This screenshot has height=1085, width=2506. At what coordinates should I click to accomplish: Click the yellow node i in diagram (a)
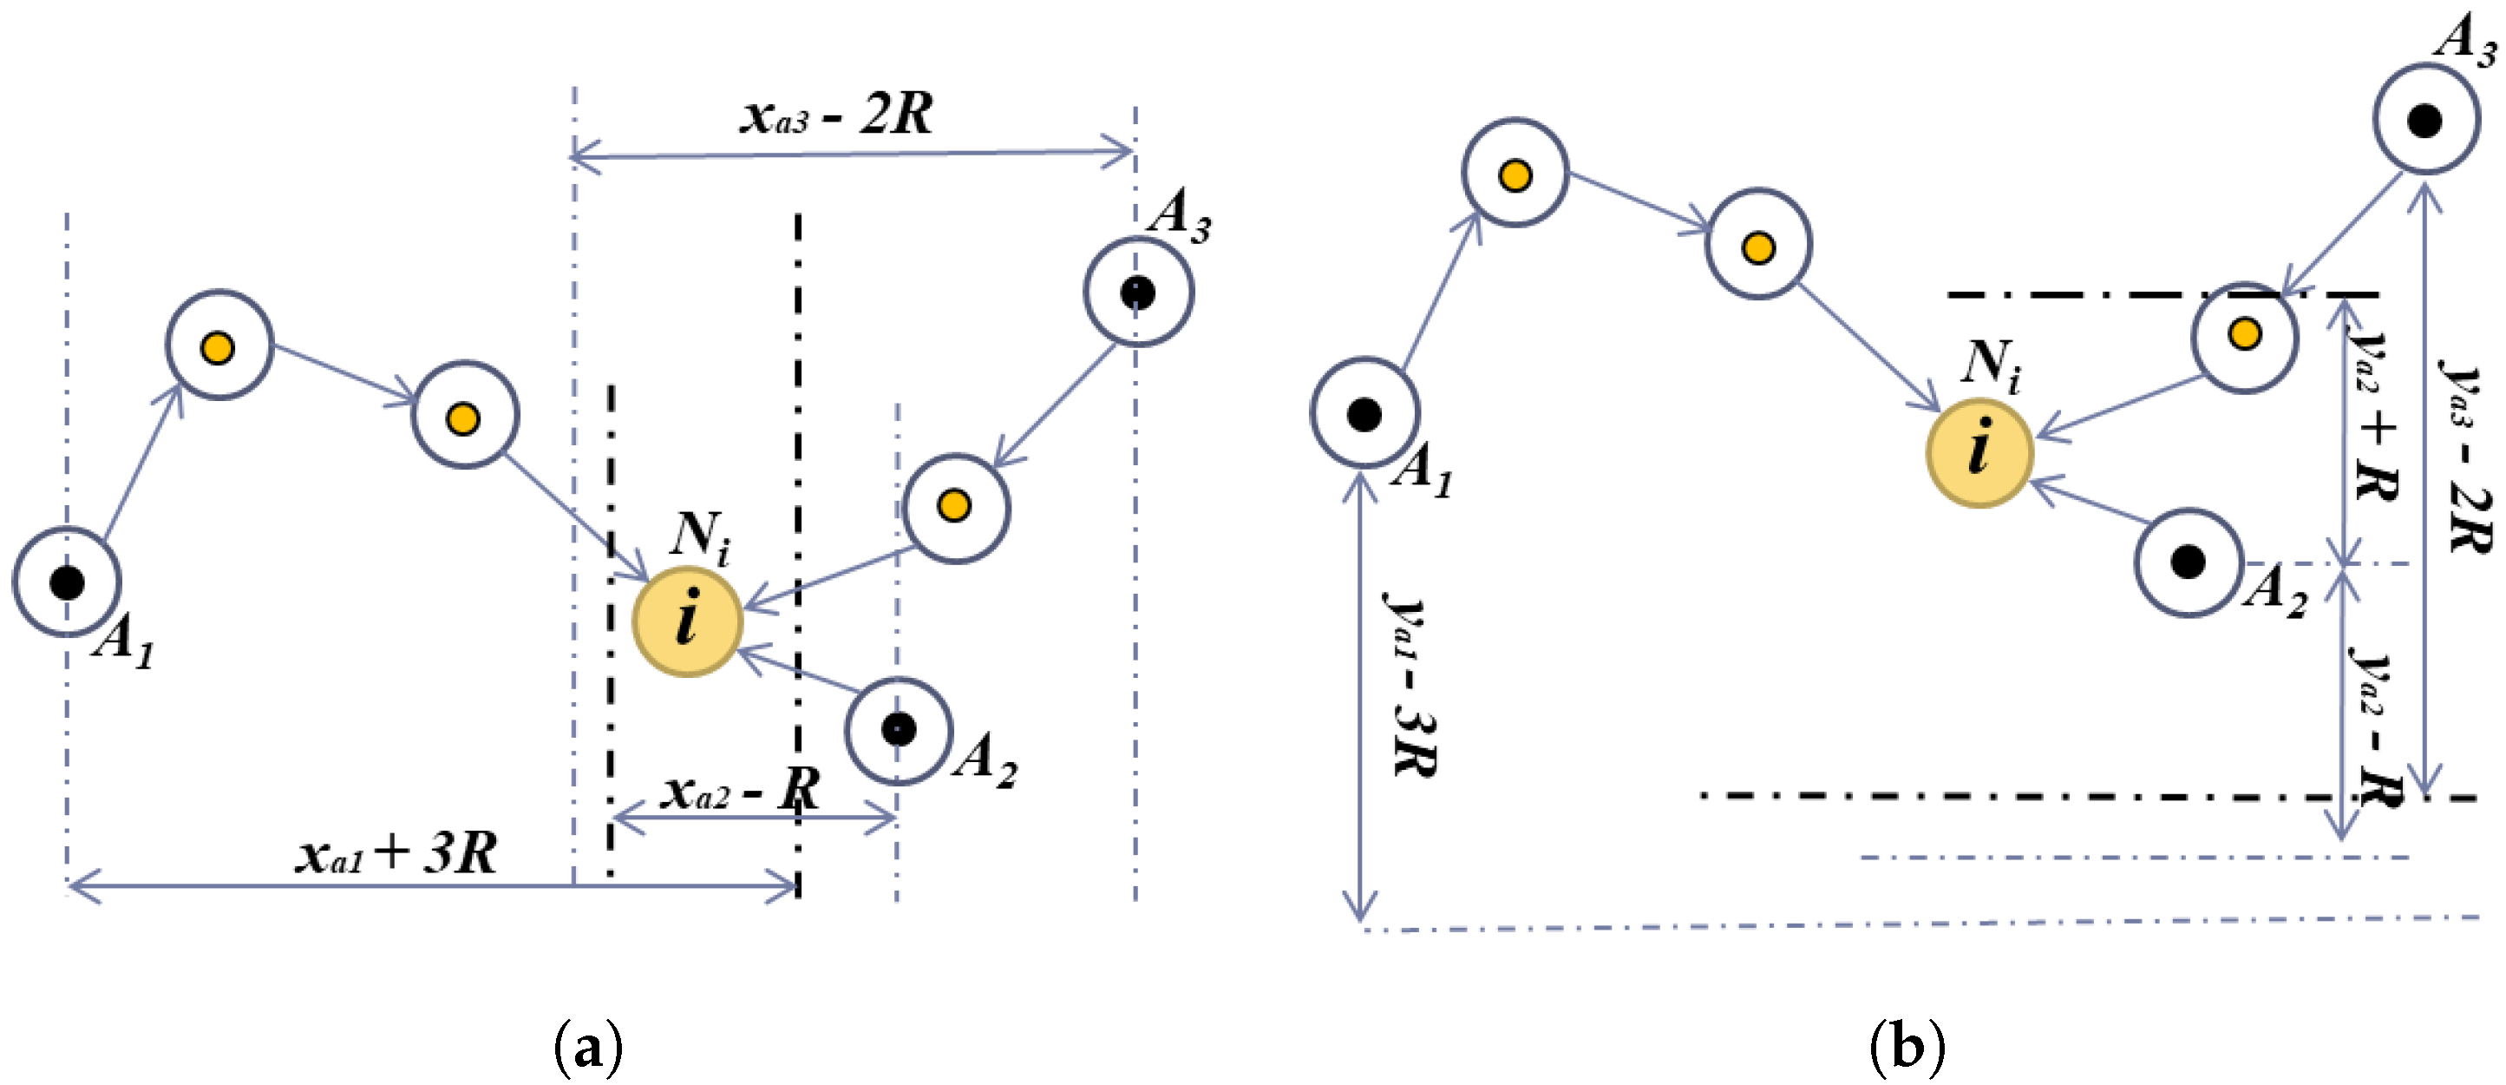click(x=687, y=621)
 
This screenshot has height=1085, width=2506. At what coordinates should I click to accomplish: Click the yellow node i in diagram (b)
click(x=1979, y=452)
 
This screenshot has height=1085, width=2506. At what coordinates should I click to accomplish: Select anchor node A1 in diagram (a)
click(x=66, y=582)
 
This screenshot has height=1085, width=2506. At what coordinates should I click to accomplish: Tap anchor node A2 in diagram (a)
click(x=898, y=730)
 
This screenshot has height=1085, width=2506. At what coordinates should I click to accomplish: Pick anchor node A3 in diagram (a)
click(x=1137, y=292)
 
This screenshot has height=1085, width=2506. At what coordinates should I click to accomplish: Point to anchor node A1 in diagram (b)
click(x=1364, y=413)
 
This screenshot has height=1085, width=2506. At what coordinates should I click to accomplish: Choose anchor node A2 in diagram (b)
click(x=2188, y=562)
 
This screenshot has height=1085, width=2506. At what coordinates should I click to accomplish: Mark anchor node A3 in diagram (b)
click(x=2424, y=121)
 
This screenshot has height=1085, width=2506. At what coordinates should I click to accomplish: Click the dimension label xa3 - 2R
click(x=836, y=115)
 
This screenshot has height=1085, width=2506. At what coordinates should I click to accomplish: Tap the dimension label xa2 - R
click(x=739, y=790)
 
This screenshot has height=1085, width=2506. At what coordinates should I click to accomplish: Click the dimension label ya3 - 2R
click(x=2467, y=457)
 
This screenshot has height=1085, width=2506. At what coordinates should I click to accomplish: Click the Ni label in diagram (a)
click(x=699, y=537)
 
